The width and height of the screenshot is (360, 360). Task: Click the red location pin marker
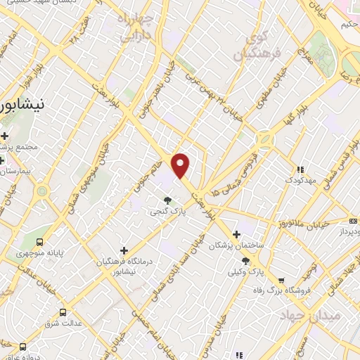(181, 165)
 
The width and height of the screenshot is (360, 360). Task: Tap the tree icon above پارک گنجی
(167, 200)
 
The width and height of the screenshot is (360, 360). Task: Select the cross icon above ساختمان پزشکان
(236, 234)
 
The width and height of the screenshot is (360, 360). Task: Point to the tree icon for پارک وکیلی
(246, 260)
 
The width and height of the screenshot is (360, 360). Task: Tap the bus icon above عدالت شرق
(63, 312)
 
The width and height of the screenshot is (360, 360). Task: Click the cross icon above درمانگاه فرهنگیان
(124, 250)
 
